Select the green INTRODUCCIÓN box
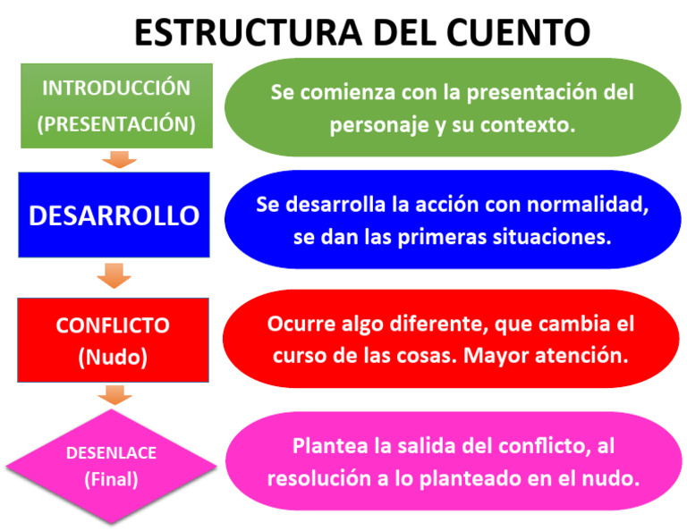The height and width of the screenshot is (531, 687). (x=116, y=105)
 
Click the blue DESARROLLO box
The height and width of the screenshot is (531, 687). (x=114, y=215)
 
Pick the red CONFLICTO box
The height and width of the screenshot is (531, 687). (x=113, y=341)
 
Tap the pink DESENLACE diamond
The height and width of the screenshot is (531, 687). (x=111, y=466)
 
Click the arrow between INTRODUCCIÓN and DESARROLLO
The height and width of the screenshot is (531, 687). (x=117, y=159)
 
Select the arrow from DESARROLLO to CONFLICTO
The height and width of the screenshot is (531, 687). (x=114, y=274)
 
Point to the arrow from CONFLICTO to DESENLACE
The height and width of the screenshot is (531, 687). (x=114, y=394)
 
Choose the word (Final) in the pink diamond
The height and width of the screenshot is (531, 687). (x=111, y=479)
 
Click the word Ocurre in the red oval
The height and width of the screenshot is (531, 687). (x=298, y=323)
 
